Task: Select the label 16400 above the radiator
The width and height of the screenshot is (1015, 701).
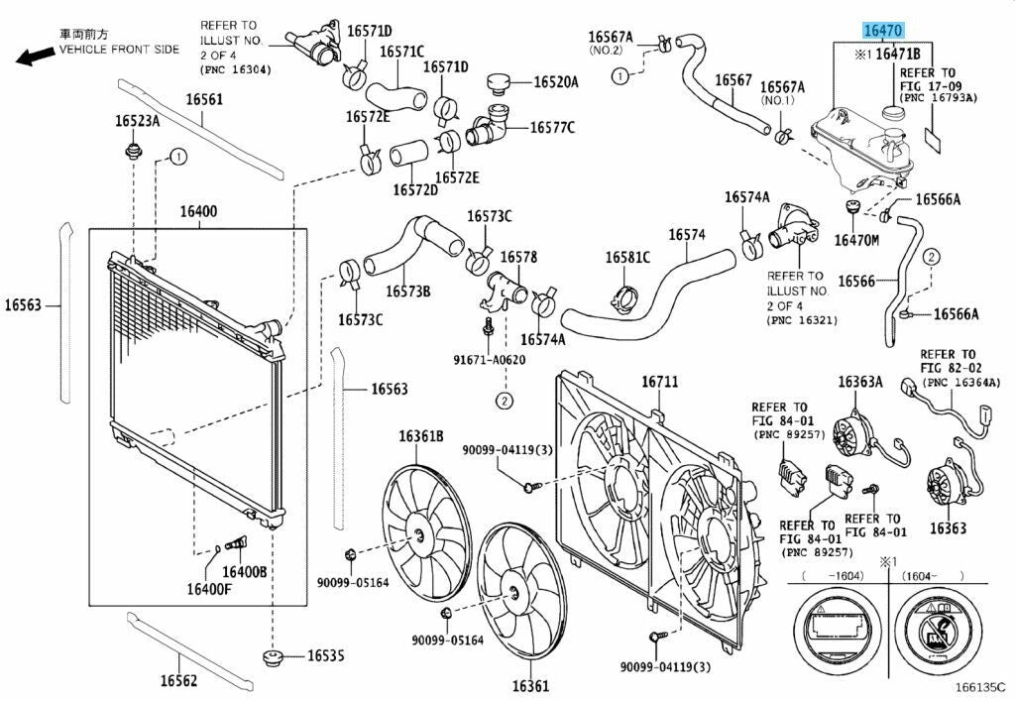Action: [x=198, y=211]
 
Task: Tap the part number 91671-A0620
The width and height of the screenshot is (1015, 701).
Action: [x=489, y=360]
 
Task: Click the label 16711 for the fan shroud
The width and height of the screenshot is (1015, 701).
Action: [x=659, y=382]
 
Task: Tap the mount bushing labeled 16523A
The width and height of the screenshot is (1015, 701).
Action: [x=130, y=152]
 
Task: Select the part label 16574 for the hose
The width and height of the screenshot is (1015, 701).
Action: [x=686, y=235]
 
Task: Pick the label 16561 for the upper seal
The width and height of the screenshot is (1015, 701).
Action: [x=204, y=99]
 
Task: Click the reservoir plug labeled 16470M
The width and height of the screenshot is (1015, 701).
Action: [x=849, y=208]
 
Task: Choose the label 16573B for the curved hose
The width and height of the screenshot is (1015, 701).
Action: [x=407, y=292]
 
